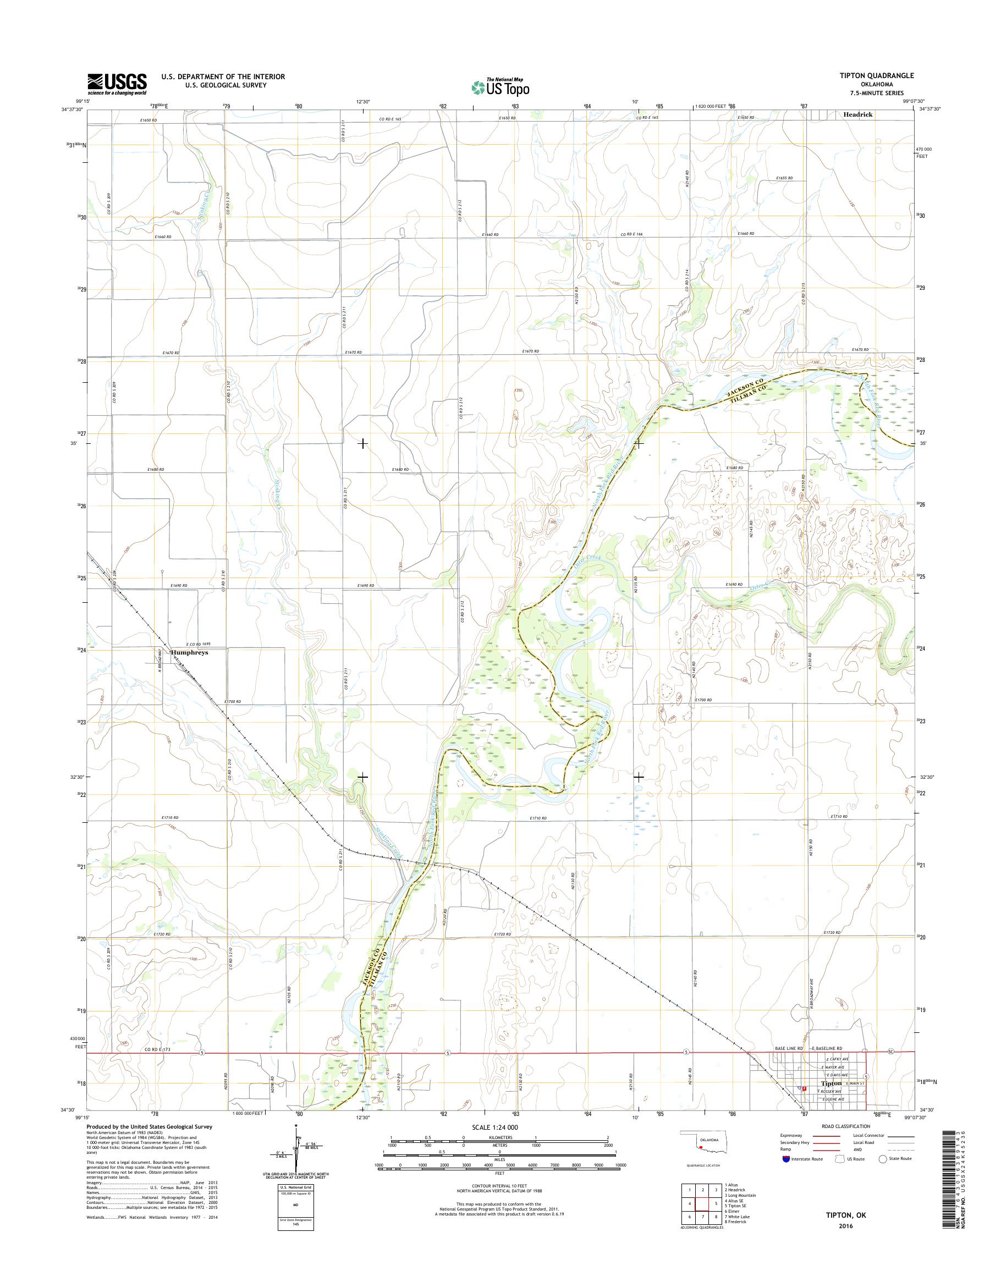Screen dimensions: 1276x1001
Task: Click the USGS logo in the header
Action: click(117, 84)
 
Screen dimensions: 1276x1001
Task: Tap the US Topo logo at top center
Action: click(501, 87)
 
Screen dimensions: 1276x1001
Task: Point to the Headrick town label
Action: click(858, 115)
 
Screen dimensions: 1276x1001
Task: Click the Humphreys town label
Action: click(189, 652)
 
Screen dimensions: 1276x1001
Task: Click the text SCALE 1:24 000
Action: click(494, 1127)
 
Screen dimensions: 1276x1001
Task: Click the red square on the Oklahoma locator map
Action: click(701, 1148)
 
